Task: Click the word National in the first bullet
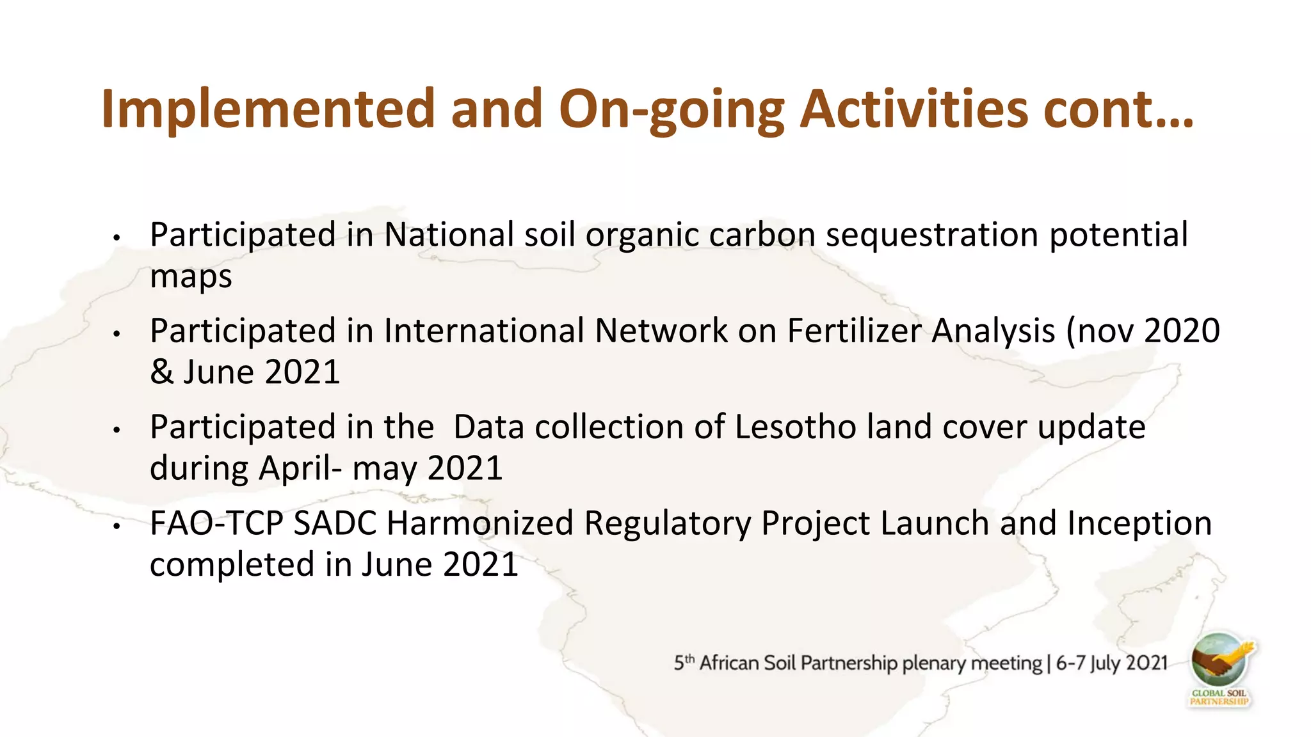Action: (448, 235)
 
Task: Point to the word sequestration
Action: (931, 235)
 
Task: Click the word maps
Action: (191, 276)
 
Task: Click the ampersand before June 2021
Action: (161, 372)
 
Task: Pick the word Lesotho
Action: (795, 427)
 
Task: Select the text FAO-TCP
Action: (216, 523)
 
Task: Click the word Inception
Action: (1139, 523)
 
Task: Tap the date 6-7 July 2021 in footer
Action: (1112, 663)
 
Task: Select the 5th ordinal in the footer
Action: (683, 663)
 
